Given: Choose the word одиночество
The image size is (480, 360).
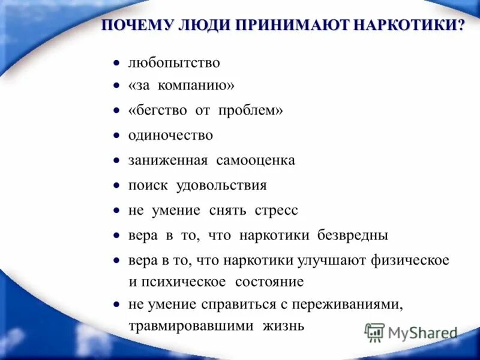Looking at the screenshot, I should coord(170,136).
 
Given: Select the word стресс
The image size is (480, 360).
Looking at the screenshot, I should coord(276,211).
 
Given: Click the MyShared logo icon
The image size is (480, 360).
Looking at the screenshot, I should coord(375,332).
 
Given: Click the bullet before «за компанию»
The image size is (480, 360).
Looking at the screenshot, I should coord(117,86).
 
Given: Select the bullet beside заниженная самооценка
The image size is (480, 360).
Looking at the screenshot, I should coord(117,161).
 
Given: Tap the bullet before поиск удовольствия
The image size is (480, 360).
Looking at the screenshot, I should coord(117,186).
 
